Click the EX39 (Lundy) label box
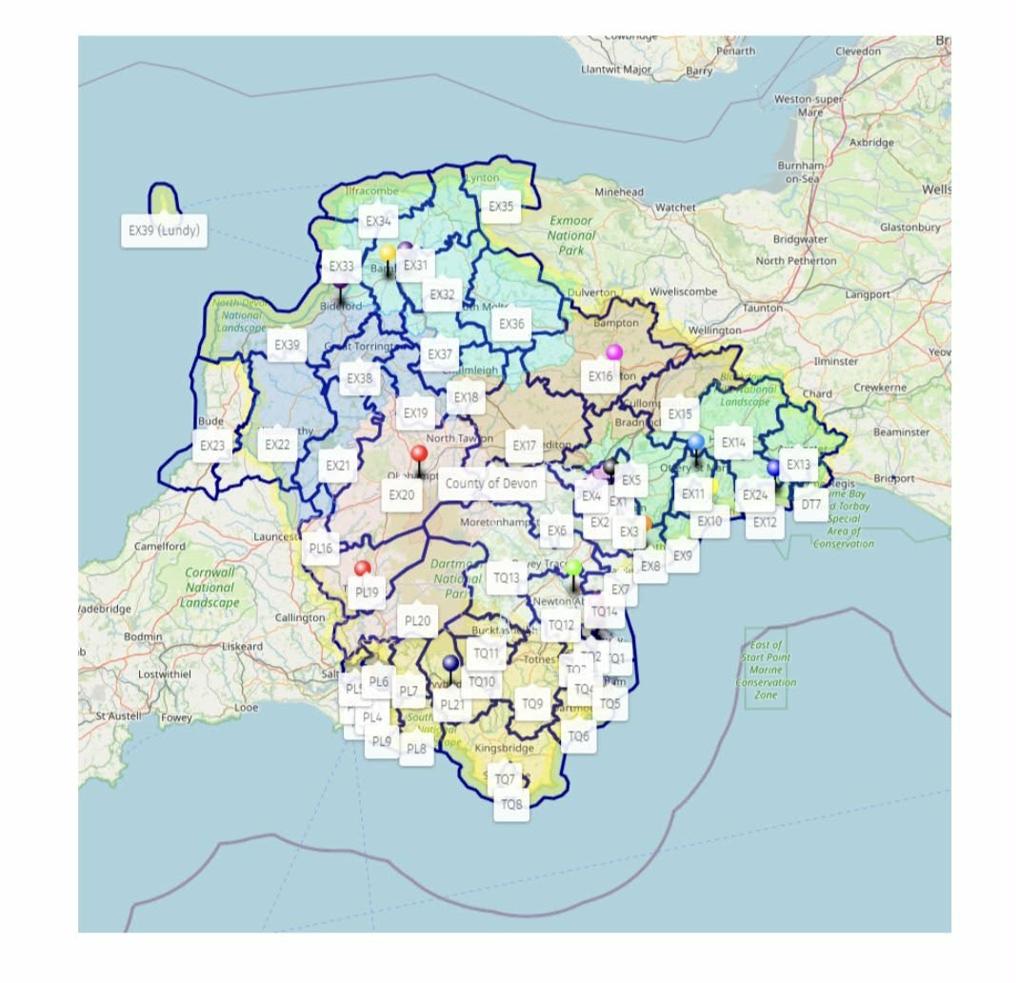coord(164,231)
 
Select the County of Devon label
coord(491,483)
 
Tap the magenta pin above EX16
coord(614,353)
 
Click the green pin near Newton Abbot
coord(573,569)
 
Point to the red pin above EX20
coord(419,454)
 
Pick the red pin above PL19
coord(362,570)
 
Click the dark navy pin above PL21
coord(451,664)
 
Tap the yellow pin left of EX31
coord(388,253)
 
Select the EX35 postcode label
coord(501,206)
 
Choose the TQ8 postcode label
coord(511,805)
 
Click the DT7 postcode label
coord(810,504)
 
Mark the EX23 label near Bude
coord(212,445)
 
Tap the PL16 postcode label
coord(321,549)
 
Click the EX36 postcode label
coord(511,324)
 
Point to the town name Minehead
coord(620,191)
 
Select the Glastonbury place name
coord(910,227)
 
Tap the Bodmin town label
coord(144,635)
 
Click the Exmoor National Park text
coord(571,234)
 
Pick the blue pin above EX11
coord(696,442)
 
